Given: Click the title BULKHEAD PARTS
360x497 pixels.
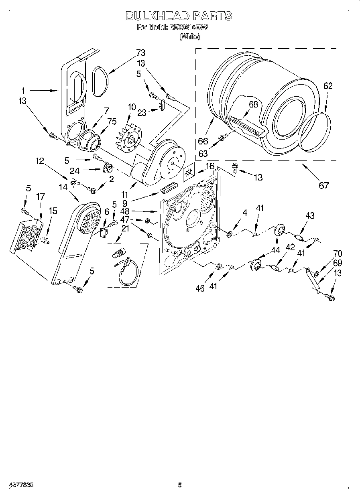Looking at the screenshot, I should [179, 16].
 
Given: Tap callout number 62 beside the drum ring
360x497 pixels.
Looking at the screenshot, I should [328, 86].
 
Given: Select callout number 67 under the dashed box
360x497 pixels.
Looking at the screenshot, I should [323, 185].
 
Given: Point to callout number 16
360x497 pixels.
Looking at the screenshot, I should [210, 166].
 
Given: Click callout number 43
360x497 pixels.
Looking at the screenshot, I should [309, 216].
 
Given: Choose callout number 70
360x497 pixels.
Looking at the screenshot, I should [338, 253].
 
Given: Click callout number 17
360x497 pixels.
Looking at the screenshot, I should [40, 197].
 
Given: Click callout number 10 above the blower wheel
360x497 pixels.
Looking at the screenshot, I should [132, 107].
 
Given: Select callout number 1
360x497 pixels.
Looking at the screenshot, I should [23, 90].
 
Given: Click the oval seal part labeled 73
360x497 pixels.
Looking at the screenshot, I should [100, 82].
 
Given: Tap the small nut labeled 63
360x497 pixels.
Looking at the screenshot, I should [221, 138].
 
